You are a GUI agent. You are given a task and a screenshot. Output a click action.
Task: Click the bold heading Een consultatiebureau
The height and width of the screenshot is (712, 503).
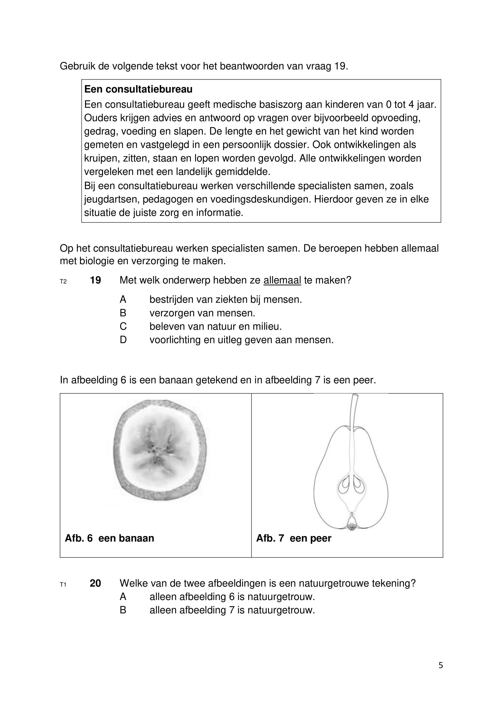click(x=138, y=89)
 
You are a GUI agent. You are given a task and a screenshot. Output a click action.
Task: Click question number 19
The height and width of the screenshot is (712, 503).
click(x=95, y=280)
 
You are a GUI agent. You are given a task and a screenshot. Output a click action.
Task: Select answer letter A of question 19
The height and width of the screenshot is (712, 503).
click(x=123, y=299)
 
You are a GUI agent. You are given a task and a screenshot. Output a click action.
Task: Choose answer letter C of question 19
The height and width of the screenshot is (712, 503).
click(x=123, y=326)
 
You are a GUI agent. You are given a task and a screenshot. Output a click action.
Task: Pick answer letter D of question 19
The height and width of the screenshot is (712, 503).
click(x=123, y=340)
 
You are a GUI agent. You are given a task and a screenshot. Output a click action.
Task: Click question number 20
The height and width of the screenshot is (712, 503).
click(x=95, y=583)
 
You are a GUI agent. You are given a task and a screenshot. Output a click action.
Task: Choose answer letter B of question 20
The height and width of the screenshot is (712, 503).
click(x=123, y=610)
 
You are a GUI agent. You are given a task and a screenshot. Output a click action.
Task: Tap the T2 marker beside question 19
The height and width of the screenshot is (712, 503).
click(x=63, y=282)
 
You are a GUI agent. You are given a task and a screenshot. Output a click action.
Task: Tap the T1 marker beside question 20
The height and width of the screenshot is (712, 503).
click(x=63, y=585)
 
